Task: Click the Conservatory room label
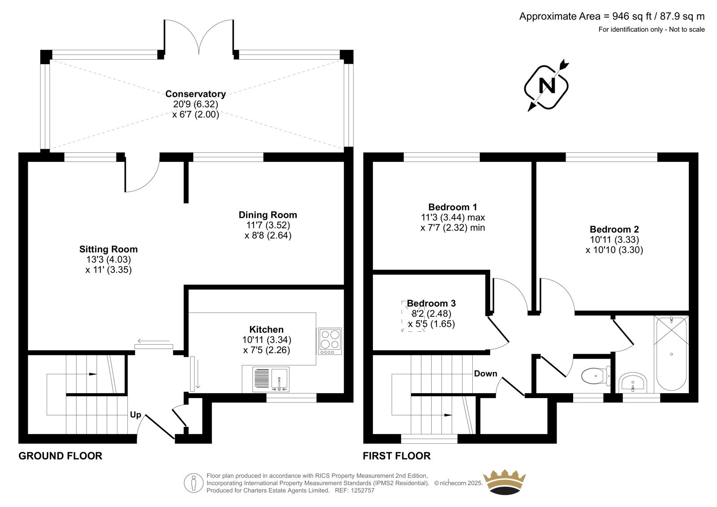coord(195,94)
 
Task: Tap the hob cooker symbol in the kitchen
coord(330,340)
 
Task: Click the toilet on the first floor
coord(596,376)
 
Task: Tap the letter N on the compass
coord(547,86)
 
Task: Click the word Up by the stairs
coord(135,415)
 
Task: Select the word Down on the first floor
coord(485,374)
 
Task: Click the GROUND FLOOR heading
coord(60,456)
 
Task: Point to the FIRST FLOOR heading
coord(397,456)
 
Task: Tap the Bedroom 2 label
coord(614,230)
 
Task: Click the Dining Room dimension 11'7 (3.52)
coord(268,225)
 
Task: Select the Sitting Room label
coord(108,249)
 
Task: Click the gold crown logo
coord(505,482)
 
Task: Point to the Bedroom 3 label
coord(431,303)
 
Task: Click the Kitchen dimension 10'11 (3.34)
coord(267,340)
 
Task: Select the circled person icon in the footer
coord(194,483)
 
